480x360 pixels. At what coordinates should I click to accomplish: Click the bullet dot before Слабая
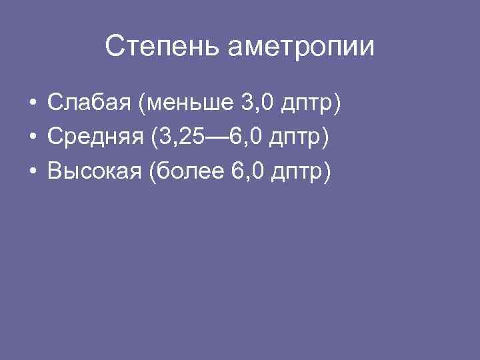pos(32,103)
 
